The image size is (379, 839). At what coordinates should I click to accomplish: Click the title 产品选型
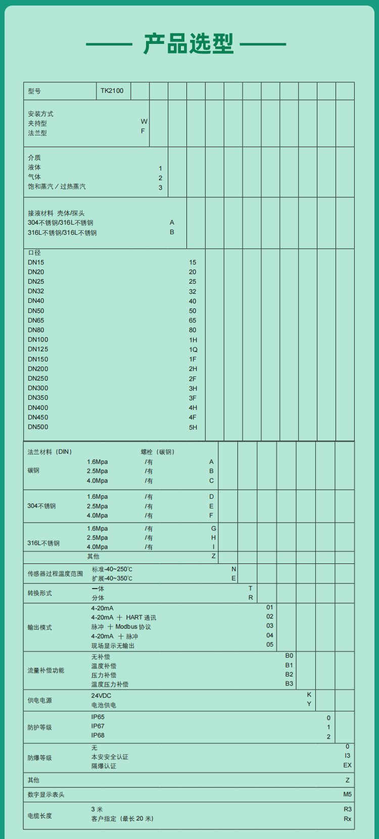point(188,44)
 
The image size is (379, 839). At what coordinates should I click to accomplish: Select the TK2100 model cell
point(112,91)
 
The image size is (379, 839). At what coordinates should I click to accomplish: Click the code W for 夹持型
point(144,122)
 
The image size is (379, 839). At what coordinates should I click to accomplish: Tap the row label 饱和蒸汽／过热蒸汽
point(57,187)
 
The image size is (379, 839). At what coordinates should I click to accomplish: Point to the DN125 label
point(38,349)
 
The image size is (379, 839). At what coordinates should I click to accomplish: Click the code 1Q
point(193,350)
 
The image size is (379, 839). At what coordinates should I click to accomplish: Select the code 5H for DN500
point(193,428)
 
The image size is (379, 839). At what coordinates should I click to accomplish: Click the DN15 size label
point(36,263)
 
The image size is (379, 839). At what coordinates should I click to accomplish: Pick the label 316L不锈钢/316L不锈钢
point(62,233)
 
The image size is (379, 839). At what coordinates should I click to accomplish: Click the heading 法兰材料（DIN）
point(50,452)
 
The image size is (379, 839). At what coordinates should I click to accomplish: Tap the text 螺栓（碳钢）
point(158,452)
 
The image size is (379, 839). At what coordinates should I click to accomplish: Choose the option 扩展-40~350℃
point(112,579)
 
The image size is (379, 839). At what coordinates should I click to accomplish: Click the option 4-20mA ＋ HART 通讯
point(123,617)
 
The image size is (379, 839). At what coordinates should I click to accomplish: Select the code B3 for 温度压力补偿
point(289,684)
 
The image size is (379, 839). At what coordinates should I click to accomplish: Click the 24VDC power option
point(101,696)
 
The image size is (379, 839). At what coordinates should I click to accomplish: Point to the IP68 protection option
point(98,736)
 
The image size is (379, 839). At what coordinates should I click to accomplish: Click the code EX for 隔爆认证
point(347,765)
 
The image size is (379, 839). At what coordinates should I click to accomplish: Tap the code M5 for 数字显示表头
point(347,795)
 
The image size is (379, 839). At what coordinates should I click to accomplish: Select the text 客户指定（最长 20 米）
point(122,819)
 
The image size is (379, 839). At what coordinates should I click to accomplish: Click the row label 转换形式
point(39,593)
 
